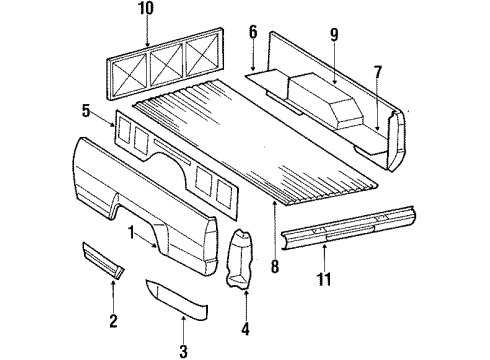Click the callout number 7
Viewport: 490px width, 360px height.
pos(377,71)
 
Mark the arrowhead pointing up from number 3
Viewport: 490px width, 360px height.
pos(184,316)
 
